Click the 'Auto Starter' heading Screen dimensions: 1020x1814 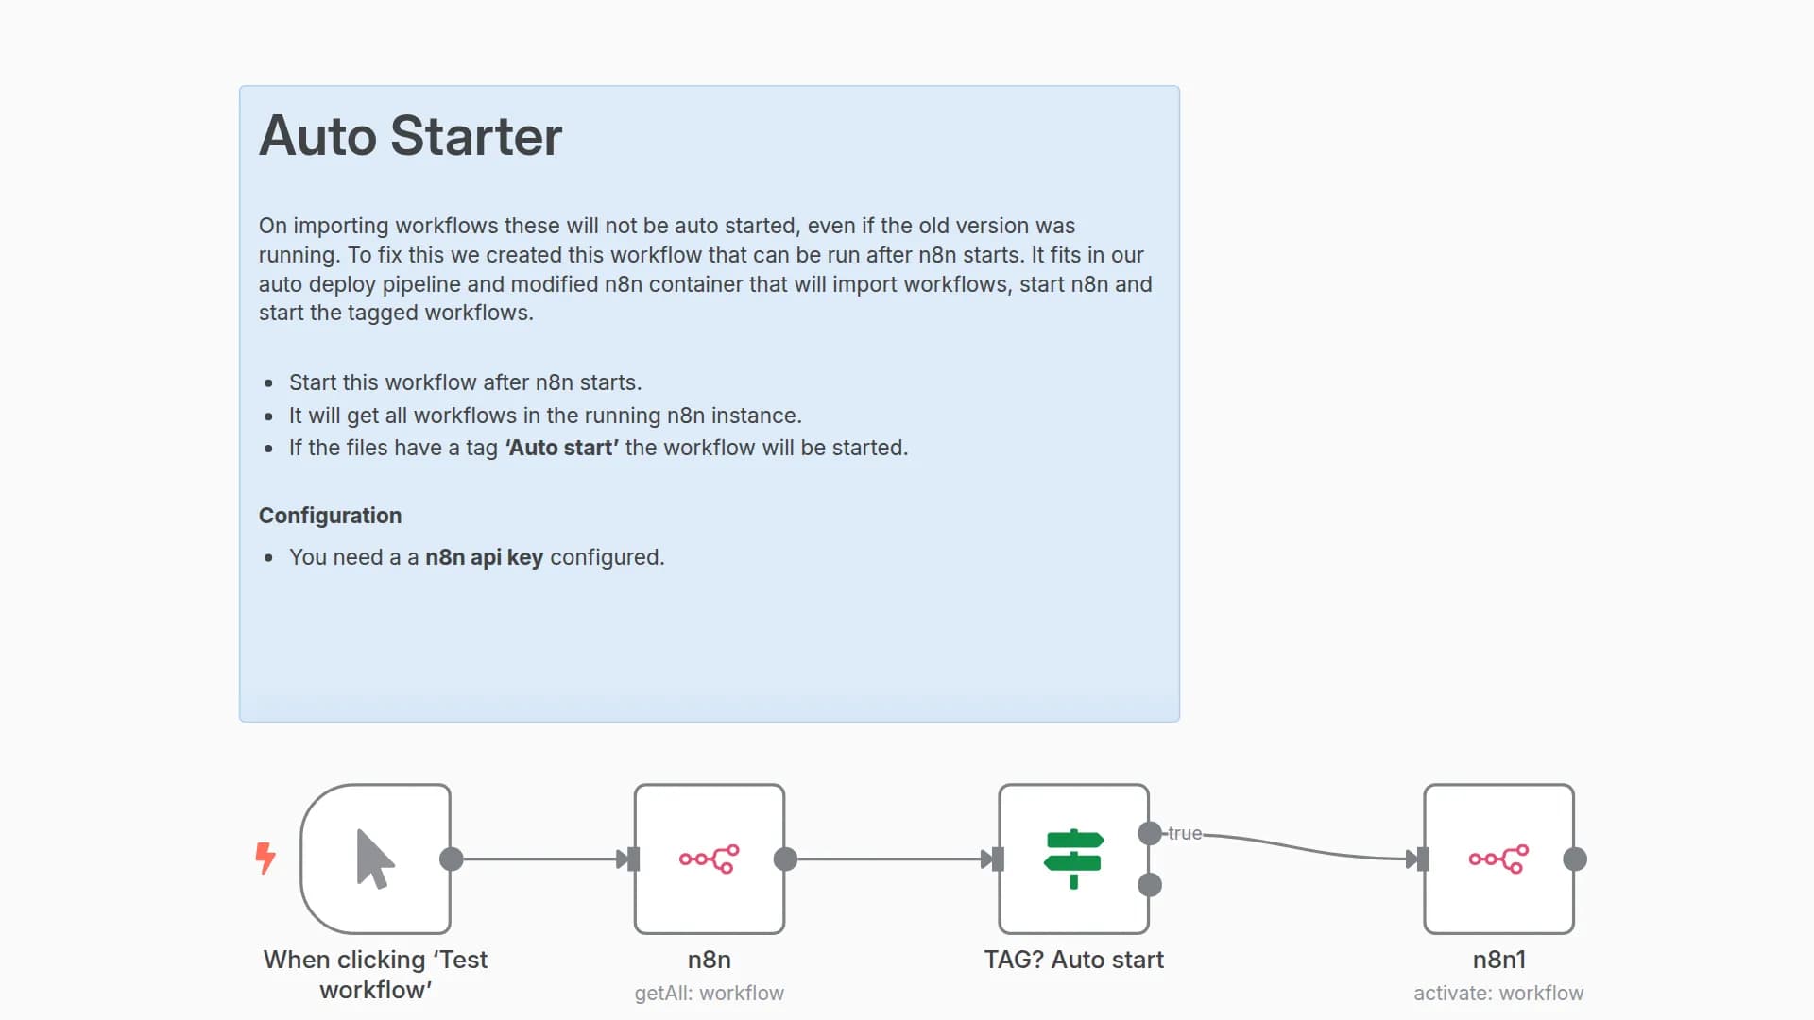click(x=410, y=136)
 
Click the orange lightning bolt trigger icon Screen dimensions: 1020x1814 click(x=265, y=858)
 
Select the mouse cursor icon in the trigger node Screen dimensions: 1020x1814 click(x=374, y=858)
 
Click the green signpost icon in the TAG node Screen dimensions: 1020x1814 click(x=1073, y=858)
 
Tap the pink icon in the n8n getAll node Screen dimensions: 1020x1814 click(x=709, y=858)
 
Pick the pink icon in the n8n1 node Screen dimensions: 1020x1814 click(x=1497, y=858)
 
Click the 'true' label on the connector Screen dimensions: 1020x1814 click(x=1184, y=833)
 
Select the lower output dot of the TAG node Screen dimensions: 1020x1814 click(x=1150, y=885)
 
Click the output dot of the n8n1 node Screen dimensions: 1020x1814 click(x=1574, y=858)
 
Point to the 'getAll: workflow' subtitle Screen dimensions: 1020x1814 click(x=709, y=993)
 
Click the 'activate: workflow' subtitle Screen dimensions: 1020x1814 click(x=1497, y=993)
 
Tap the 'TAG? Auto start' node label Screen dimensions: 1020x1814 click(x=1073, y=960)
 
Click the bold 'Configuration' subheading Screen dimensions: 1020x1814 click(x=330, y=516)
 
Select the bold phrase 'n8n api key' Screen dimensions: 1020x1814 click(x=484, y=557)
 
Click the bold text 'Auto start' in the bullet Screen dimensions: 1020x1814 click(x=562, y=448)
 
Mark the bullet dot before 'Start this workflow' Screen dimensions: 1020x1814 click(x=269, y=383)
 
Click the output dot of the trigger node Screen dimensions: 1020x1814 click(x=452, y=858)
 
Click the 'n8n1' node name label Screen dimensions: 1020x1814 click(x=1497, y=960)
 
